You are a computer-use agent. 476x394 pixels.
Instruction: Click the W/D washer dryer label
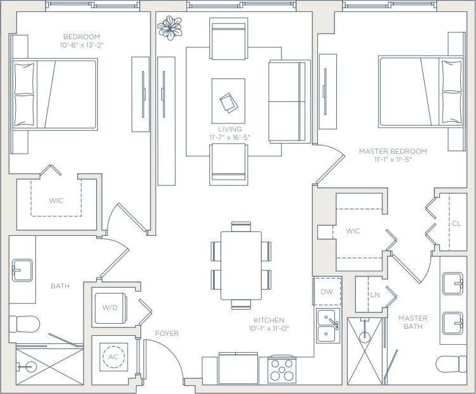click(110, 307)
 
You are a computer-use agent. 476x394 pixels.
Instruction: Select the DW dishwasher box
click(327, 292)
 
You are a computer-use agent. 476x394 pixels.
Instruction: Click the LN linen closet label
click(375, 295)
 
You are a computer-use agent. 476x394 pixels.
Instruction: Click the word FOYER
click(167, 333)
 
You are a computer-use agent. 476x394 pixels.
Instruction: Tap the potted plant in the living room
click(169, 27)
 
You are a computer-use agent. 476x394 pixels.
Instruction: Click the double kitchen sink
click(328, 326)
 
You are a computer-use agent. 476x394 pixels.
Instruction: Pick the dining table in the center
click(241, 265)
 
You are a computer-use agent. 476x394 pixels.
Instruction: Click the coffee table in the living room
click(228, 101)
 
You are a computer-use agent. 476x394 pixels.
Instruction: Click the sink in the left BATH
click(22, 270)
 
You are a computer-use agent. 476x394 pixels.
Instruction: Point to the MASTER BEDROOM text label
click(393, 151)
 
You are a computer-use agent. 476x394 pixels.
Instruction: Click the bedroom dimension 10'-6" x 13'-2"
click(82, 45)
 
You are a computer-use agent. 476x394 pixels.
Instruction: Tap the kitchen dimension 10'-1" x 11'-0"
click(269, 329)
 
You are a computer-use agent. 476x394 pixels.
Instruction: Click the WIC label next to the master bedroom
click(353, 231)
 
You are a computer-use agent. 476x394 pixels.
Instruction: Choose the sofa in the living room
click(288, 101)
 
